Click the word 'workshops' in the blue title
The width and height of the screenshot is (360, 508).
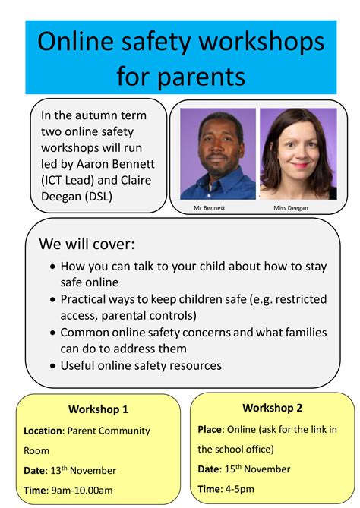point(261,42)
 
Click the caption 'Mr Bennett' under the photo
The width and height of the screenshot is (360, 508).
point(210,207)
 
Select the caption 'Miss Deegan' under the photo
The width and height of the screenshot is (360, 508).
point(291,207)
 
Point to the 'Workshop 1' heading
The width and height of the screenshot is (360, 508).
point(98,409)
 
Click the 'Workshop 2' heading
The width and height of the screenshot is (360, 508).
point(272,408)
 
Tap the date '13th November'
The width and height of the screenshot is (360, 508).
point(84,470)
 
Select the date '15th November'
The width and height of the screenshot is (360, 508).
point(257,469)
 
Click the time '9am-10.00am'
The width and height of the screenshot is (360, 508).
point(82,491)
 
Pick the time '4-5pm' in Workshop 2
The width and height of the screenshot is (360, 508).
point(239,489)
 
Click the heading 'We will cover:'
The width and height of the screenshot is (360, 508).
point(87,244)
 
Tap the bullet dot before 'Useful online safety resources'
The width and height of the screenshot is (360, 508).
point(53,366)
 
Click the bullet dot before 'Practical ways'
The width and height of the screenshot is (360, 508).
point(53,300)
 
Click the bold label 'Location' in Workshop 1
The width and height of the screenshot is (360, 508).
point(43,431)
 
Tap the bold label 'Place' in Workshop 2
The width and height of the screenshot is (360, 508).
point(210,429)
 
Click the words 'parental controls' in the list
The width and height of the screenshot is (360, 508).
point(149,315)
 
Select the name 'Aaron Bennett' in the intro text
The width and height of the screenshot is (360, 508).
point(115,163)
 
